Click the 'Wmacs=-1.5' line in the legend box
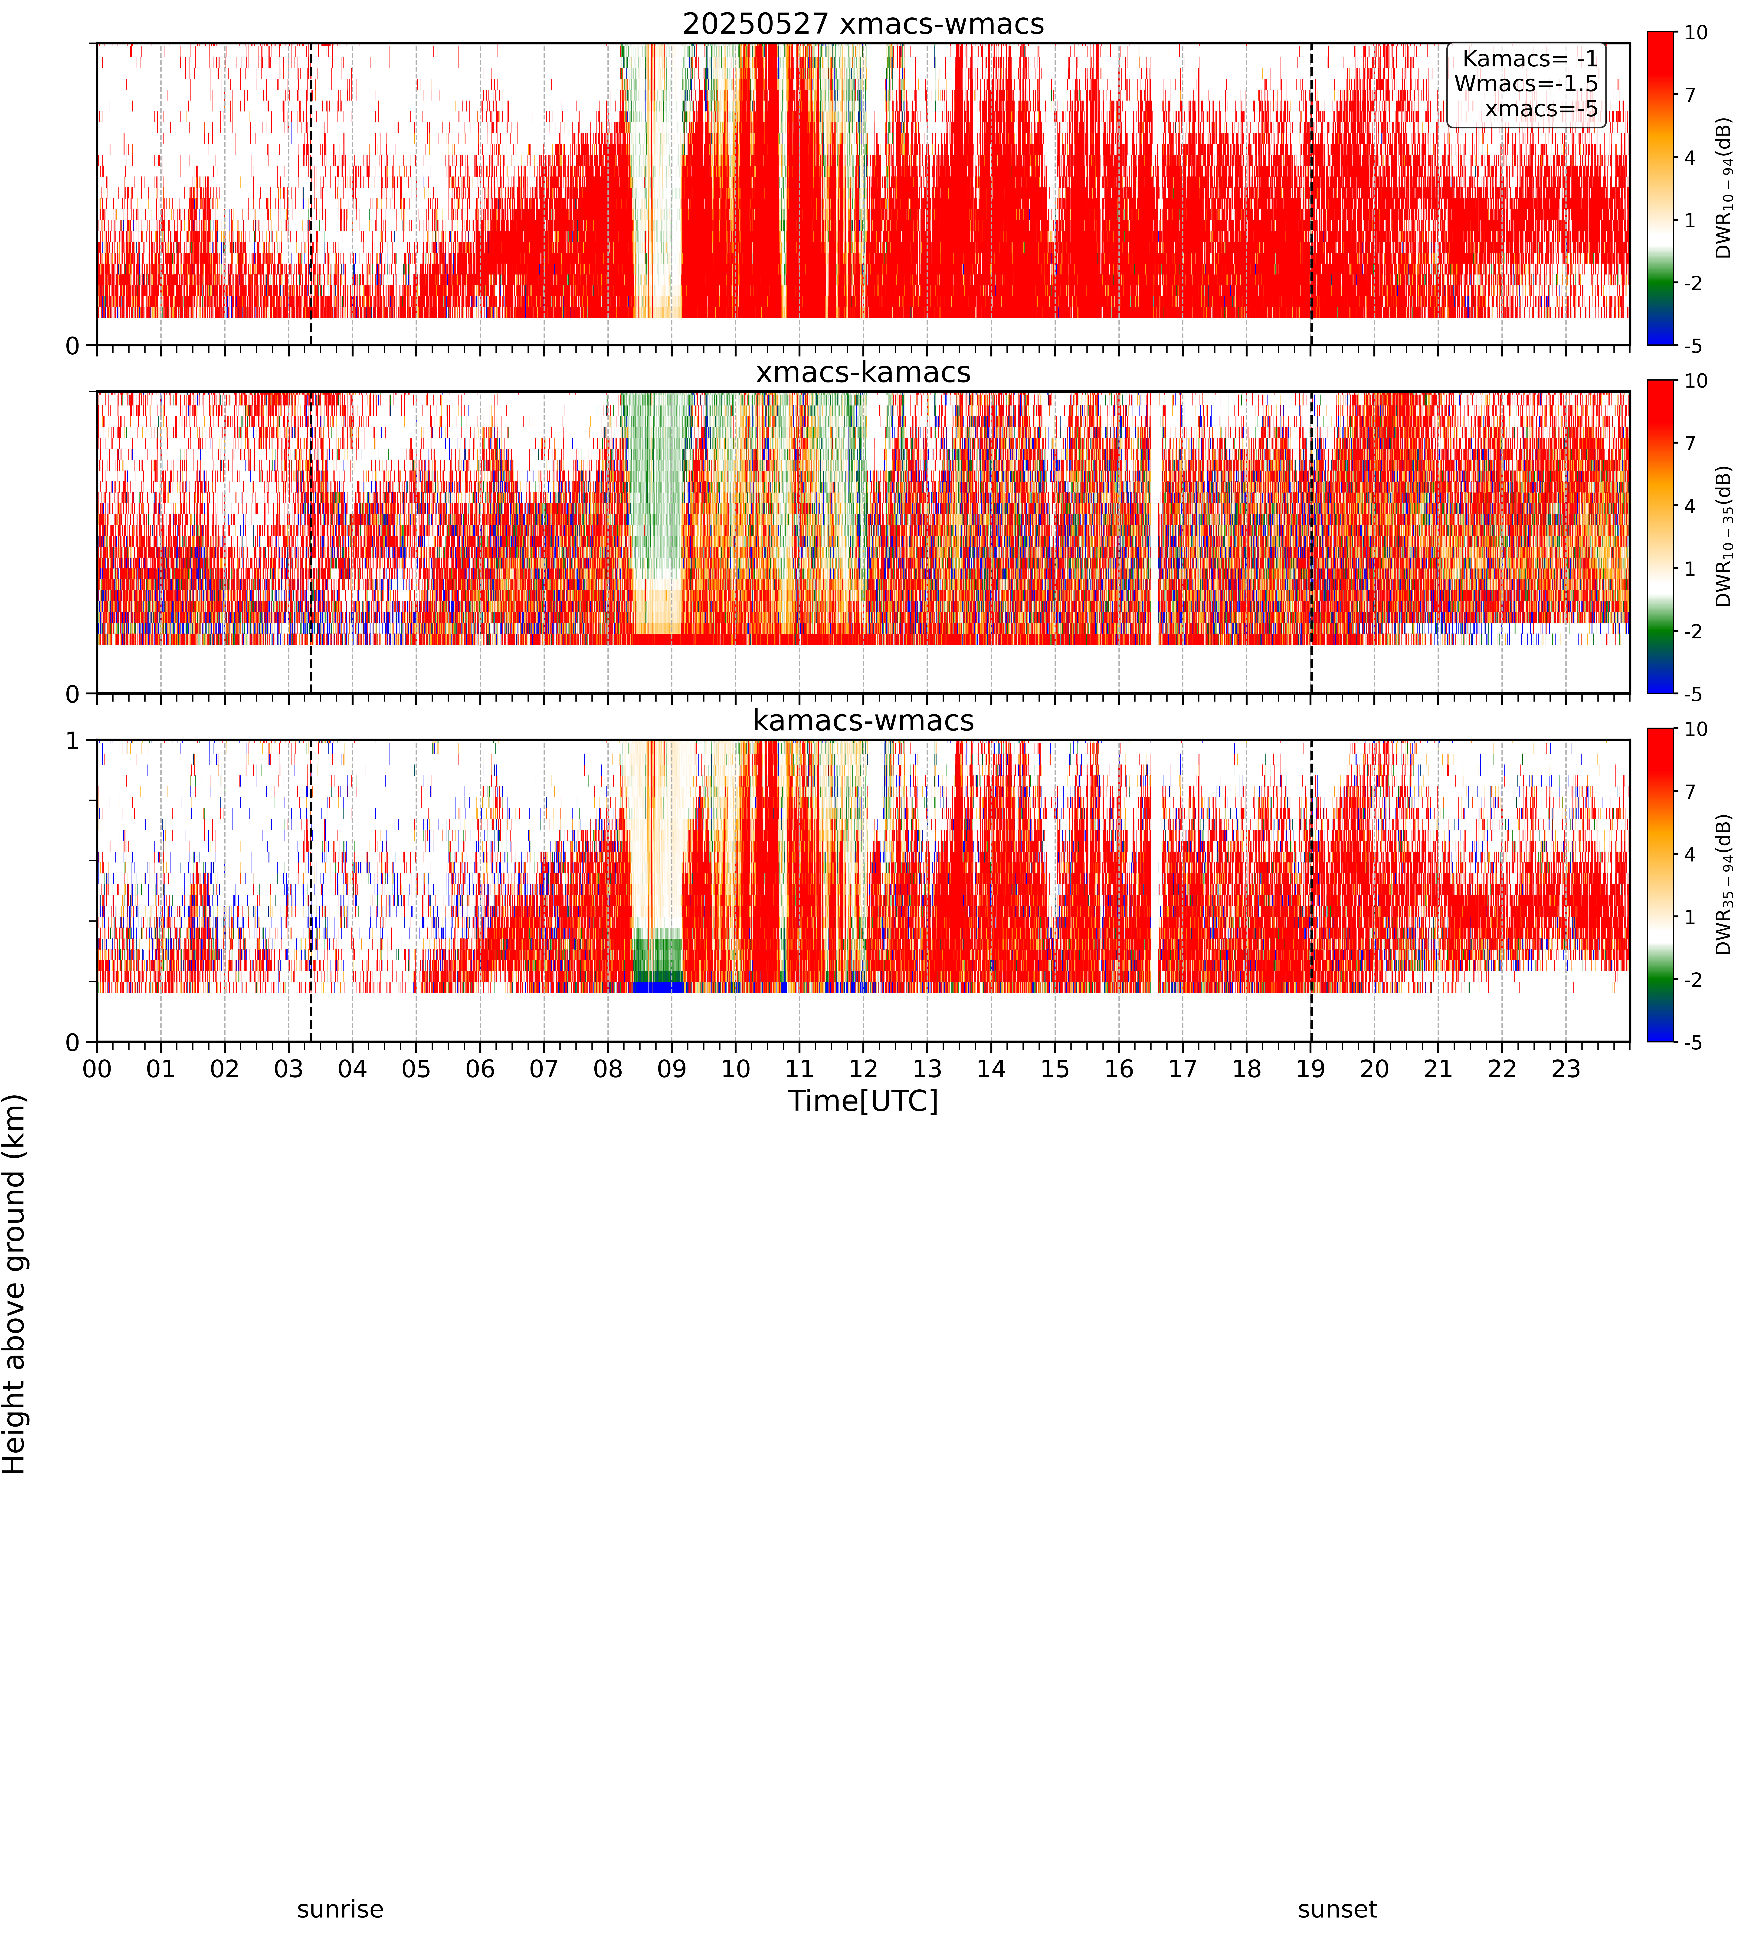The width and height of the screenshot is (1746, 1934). click(1526, 83)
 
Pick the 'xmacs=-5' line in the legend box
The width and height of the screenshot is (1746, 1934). click(1542, 108)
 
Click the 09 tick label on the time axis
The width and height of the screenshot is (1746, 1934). click(672, 1069)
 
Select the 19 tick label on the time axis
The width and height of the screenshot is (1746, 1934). click(1310, 1069)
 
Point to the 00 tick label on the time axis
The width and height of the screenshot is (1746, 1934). click(97, 1069)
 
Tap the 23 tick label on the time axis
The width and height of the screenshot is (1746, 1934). click(1566, 1069)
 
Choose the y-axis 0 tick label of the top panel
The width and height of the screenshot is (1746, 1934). click(73, 345)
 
